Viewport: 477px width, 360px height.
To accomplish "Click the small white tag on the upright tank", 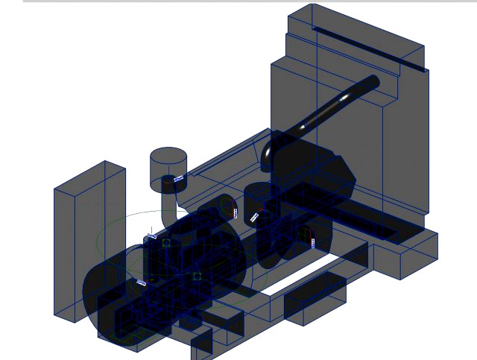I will coord(178,179).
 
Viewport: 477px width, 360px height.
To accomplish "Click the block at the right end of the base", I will coord(406,253).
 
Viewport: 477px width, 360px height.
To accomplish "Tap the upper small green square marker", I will coord(166,242).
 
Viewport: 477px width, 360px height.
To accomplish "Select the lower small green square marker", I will coord(197,276).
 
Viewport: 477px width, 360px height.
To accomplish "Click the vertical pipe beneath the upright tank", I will coord(168,200).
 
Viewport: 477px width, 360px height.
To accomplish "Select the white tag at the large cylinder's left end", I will coord(141,282).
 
